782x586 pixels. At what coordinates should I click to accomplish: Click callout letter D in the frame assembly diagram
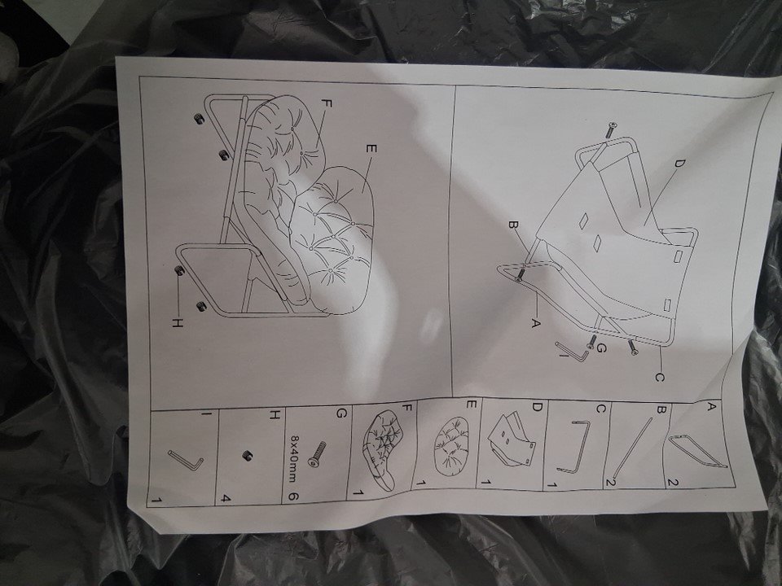[x=679, y=164]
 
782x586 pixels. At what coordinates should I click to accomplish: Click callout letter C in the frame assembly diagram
[x=659, y=378]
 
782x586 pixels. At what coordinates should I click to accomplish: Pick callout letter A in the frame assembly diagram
[x=534, y=323]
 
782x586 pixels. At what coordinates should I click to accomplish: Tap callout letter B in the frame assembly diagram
[x=512, y=225]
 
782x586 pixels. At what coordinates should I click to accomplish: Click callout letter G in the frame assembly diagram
[x=601, y=349]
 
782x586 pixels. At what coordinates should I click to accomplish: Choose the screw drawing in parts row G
[x=317, y=453]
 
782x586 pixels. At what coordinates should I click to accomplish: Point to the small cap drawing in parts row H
[x=245, y=456]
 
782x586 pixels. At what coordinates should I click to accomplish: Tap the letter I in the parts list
[x=210, y=413]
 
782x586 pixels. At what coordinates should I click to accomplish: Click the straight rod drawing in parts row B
[x=635, y=447]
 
